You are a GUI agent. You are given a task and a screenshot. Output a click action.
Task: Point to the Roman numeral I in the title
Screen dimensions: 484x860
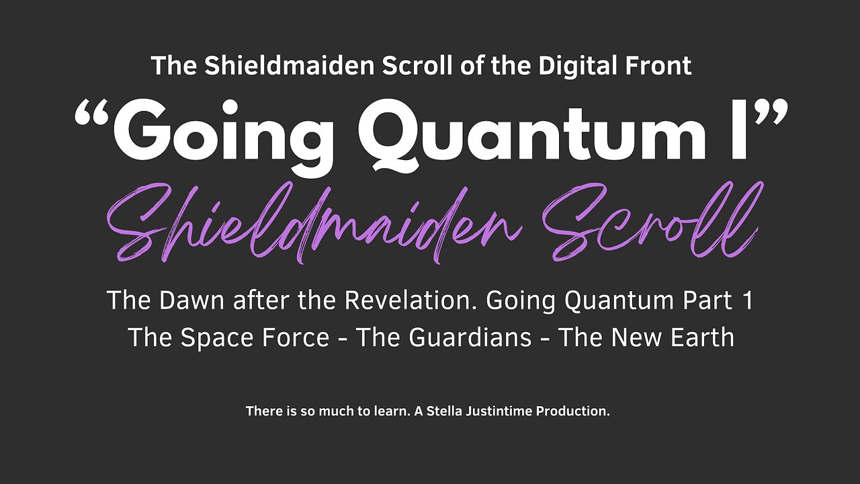point(738,131)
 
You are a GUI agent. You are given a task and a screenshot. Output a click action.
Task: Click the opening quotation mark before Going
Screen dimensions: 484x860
point(92,118)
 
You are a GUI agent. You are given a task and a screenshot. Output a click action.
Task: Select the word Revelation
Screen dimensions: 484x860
point(410,301)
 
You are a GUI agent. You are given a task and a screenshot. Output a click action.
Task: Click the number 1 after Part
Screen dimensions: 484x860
point(748,301)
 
